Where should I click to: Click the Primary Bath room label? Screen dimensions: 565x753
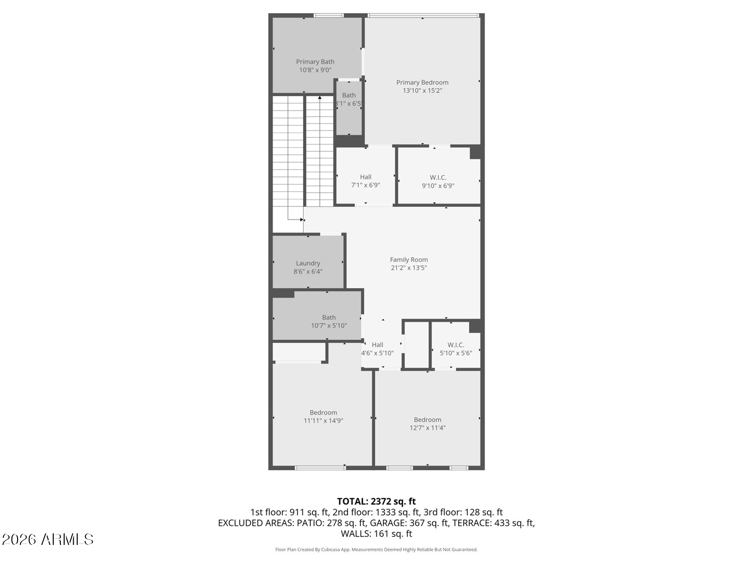[315, 62]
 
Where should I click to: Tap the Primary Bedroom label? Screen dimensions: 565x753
[422, 82]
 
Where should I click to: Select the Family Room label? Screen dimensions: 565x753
[409, 260]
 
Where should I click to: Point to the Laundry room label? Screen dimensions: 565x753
[308, 263]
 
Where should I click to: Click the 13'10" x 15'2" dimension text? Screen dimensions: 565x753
[422, 91]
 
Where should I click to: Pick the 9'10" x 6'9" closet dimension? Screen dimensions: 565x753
[438, 186]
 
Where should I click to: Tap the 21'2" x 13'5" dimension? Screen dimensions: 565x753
[409, 268]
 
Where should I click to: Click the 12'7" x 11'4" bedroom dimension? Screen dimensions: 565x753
[427, 428]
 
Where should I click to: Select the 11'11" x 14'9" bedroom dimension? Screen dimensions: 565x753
[323, 421]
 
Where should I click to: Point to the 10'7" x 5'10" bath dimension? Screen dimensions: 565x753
[329, 325]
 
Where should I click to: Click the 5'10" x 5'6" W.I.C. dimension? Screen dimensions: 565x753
[456, 353]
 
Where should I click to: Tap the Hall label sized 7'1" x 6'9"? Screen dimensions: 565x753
[365, 177]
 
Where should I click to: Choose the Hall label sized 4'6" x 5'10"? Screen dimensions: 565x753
[378, 345]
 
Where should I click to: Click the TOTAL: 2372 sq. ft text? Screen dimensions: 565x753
[376, 501]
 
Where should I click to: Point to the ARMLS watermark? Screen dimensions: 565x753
[48, 539]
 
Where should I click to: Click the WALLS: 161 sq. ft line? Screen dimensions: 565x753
[376, 533]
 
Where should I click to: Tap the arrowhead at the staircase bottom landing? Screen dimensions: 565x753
[302, 219]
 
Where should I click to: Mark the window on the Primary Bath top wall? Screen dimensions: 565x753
[329, 16]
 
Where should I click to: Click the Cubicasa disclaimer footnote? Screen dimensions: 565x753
[376, 549]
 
